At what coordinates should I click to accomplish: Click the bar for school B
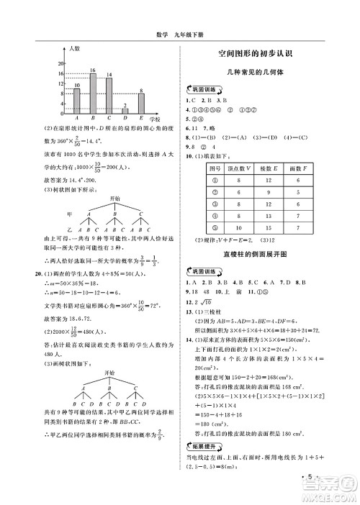click(93, 93)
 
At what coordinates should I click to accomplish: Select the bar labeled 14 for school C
click(109, 95)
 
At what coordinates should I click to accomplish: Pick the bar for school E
click(141, 104)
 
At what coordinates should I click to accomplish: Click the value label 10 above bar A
click(77, 86)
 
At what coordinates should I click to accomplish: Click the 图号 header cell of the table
click(215, 167)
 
